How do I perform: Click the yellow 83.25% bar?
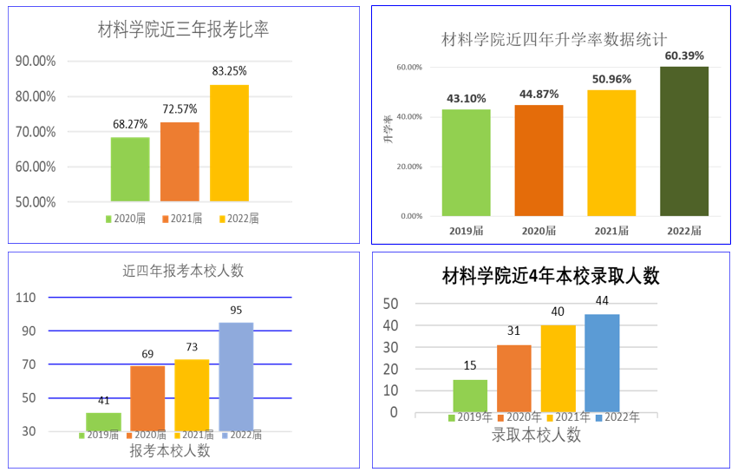tap(229, 142)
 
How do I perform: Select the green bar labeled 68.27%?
tap(130, 168)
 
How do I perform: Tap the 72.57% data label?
tap(180, 109)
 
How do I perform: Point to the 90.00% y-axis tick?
tap(36, 61)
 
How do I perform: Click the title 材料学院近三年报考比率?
tap(183, 30)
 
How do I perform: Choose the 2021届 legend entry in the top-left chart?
tap(181, 219)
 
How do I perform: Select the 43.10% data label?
tap(466, 98)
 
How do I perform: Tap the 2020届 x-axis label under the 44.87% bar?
tap(539, 231)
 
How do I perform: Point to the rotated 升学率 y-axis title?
tap(389, 129)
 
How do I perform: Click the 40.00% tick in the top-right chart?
tap(409, 117)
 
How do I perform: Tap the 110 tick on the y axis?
tap(26, 298)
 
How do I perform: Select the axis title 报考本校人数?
tap(170, 450)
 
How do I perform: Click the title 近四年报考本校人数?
tap(183, 271)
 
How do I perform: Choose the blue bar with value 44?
tap(602, 363)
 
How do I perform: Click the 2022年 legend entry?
tap(617, 417)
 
